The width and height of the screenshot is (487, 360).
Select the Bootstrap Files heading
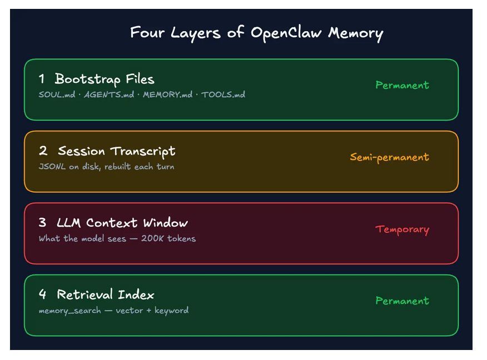click(105, 79)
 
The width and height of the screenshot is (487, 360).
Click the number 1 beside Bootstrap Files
click(42, 79)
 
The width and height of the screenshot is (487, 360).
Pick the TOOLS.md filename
click(223, 95)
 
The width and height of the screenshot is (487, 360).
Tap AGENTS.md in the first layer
click(109, 95)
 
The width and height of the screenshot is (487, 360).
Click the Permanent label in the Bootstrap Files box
click(402, 86)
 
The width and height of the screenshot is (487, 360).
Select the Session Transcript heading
click(116, 151)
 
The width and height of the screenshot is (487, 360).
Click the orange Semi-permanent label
click(389, 157)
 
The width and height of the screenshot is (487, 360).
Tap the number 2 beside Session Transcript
click(43, 151)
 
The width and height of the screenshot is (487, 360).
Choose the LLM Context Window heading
click(122, 223)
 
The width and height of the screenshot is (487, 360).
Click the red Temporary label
click(402, 229)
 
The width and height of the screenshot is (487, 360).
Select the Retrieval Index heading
click(106, 295)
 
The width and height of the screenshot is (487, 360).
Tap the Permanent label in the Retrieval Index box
click(402, 301)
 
